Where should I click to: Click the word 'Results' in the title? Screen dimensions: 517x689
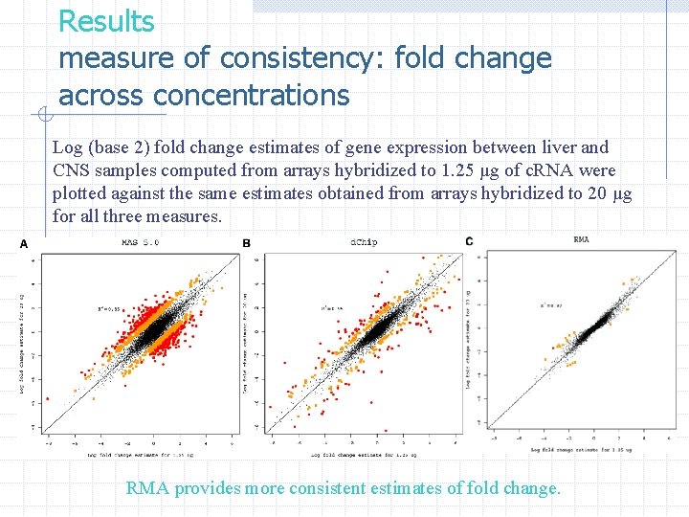(x=106, y=20)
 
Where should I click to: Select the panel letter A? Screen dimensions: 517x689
(x=24, y=245)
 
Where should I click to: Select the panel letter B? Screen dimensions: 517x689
(x=247, y=244)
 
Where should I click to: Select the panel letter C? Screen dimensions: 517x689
(x=469, y=240)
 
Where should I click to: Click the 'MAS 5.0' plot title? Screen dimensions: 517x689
(x=141, y=243)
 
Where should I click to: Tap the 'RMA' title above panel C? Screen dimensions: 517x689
(x=581, y=239)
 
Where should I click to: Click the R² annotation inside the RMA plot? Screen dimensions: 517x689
(x=550, y=303)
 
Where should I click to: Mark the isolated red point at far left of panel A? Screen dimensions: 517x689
(x=47, y=376)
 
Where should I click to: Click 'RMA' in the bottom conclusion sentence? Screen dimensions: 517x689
(x=147, y=488)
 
